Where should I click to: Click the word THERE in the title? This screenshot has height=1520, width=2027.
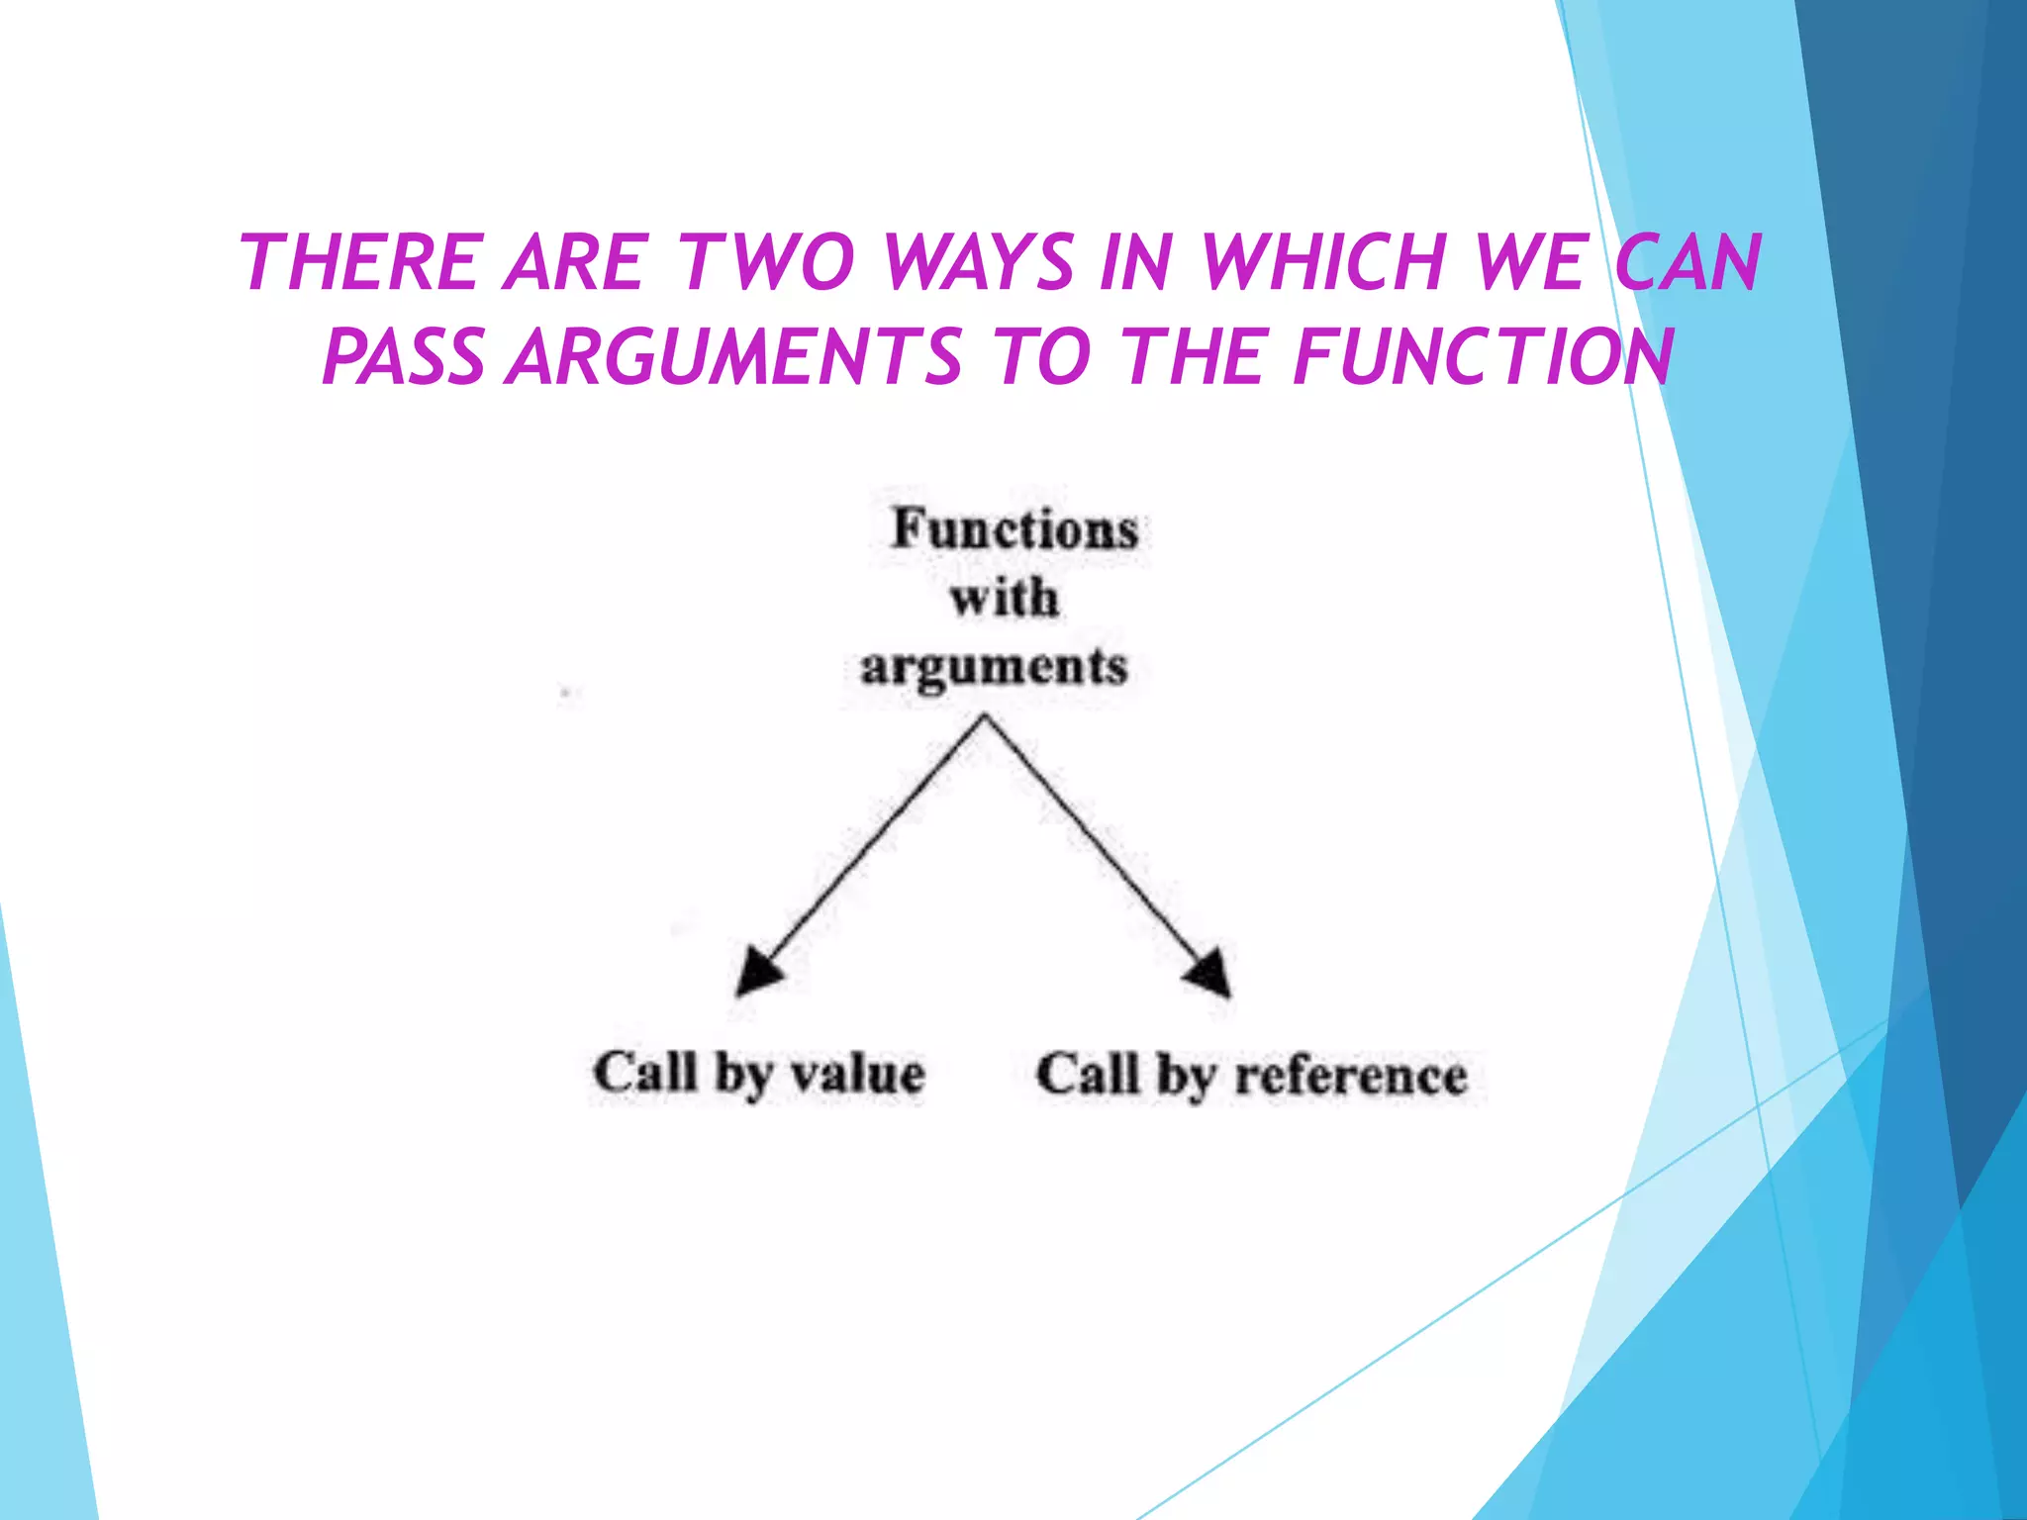click(x=358, y=262)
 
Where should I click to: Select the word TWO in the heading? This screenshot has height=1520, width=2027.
click(x=766, y=262)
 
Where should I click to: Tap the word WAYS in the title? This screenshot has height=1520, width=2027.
click(x=979, y=262)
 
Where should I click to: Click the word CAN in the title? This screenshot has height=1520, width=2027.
click(x=1688, y=262)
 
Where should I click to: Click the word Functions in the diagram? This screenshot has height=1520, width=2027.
click(x=1014, y=529)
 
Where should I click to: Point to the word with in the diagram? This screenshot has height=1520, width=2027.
click(x=1004, y=599)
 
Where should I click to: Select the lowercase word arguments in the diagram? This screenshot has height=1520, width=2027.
click(x=994, y=667)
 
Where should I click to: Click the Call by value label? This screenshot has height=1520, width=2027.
click(x=759, y=1074)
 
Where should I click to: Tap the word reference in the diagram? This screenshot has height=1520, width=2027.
click(x=1351, y=1076)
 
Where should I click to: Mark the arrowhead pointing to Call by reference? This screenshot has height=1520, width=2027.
click(x=1210, y=975)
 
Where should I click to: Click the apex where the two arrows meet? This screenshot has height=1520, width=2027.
click(x=985, y=718)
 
